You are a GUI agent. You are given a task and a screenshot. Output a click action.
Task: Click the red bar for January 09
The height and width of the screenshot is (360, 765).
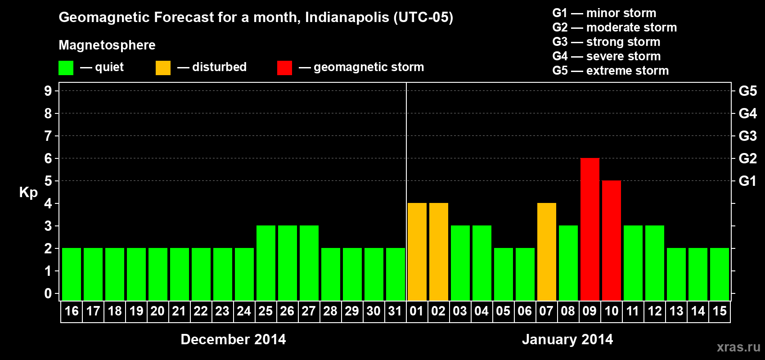point(589,229)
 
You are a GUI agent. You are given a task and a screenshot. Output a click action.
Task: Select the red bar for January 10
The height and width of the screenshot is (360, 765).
point(611,240)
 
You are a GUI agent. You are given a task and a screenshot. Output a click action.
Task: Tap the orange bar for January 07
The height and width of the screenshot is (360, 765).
point(546,252)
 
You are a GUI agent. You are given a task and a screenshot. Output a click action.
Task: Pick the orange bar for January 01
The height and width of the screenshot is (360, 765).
point(417,252)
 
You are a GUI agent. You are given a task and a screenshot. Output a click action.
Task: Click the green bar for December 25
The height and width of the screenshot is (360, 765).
point(265,263)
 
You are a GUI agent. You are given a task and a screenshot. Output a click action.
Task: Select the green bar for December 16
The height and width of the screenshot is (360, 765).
point(71,274)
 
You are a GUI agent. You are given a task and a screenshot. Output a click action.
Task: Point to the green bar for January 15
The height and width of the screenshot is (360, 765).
point(719,274)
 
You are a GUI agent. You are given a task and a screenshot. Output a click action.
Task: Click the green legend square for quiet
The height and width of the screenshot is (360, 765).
point(66,68)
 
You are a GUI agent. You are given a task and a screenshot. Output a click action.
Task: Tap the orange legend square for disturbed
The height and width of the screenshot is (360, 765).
point(163,68)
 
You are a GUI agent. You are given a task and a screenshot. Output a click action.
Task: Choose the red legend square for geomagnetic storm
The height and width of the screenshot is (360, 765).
point(284,68)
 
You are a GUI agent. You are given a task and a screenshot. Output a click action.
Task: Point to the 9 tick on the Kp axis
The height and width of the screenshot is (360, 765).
point(48,91)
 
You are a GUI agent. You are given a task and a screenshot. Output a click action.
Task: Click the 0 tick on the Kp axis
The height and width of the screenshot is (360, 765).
point(48,293)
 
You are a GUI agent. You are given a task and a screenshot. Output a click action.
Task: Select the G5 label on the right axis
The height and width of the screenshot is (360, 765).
point(747,91)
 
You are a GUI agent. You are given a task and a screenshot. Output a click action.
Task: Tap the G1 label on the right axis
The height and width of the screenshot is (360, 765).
point(747,181)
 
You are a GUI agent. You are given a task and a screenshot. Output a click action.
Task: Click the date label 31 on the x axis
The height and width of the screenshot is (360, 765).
point(395,311)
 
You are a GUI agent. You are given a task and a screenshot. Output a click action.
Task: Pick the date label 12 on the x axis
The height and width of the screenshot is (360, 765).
point(654,311)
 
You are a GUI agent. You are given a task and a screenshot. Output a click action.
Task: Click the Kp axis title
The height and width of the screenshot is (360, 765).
point(28,192)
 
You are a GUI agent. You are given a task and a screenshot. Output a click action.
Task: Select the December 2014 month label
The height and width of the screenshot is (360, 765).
point(233,339)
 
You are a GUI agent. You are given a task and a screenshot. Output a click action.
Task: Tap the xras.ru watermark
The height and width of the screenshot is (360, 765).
point(738,347)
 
